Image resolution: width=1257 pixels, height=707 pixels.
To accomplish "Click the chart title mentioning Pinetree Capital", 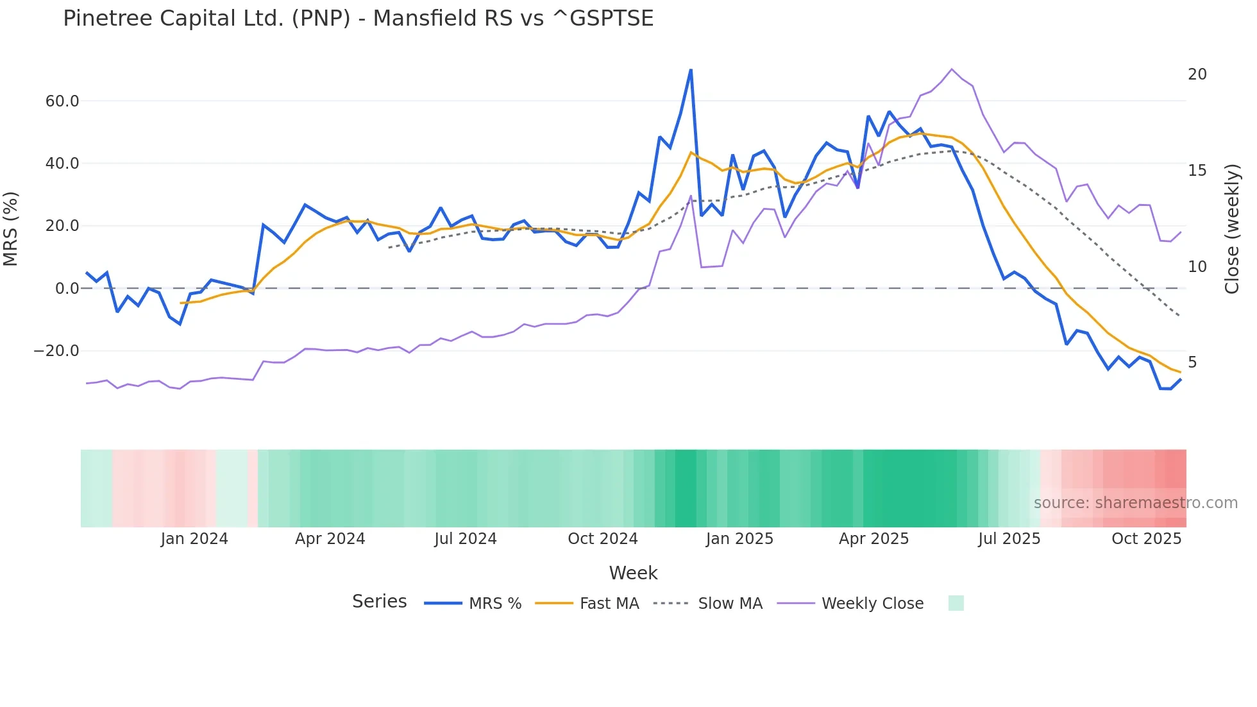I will [x=358, y=19].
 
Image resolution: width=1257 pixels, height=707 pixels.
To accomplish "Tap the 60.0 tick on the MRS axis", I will [x=62, y=101].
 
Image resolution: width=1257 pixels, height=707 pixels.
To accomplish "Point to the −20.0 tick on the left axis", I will [x=56, y=351].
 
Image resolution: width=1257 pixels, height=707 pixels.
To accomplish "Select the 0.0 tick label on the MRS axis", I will [x=67, y=289].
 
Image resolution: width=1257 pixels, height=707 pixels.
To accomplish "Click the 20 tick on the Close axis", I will [x=1197, y=74].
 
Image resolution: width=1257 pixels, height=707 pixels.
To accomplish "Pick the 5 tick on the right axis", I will [x=1192, y=362].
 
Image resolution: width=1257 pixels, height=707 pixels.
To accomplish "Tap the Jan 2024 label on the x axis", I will [x=194, y=539].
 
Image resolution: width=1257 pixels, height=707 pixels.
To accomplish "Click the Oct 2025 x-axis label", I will [x=1146, y=539].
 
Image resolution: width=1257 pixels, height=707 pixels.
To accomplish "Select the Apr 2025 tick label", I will [x=873, y=539].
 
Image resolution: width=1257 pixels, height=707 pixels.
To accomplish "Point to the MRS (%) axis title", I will [x=11, y=228].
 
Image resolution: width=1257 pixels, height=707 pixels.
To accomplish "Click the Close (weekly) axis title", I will [x=1231, y=228].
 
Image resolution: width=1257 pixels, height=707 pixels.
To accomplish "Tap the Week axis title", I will [x=633, y=573].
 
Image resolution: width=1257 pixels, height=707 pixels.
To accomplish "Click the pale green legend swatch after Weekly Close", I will [x=956, y=603].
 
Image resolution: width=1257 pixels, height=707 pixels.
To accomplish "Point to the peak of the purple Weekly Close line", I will [x=951, y=69].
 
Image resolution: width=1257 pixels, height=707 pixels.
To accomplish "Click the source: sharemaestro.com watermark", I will [x=1135, y=503].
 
